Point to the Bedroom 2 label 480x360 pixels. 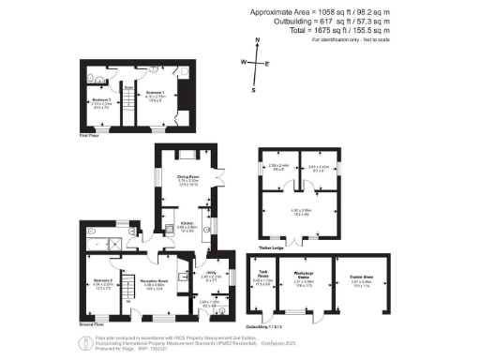click(x=104, y=280)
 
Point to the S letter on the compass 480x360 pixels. click(x=253, y=89)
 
